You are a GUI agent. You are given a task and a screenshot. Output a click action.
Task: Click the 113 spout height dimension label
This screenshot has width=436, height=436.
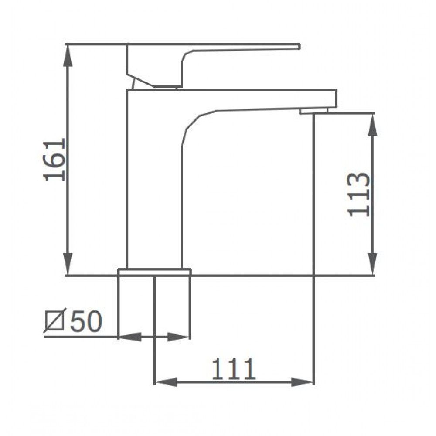tap(359, 194)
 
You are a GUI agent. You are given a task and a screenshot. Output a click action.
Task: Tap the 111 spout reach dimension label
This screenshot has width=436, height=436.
tap(233, 369)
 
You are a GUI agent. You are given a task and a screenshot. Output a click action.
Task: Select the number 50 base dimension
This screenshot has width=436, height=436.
tap(86, 321)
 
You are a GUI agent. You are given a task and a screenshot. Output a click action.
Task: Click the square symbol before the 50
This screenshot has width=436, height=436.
tap(54, 321)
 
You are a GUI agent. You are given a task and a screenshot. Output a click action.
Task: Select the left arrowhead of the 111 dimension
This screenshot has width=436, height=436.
tap(166, 382)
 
